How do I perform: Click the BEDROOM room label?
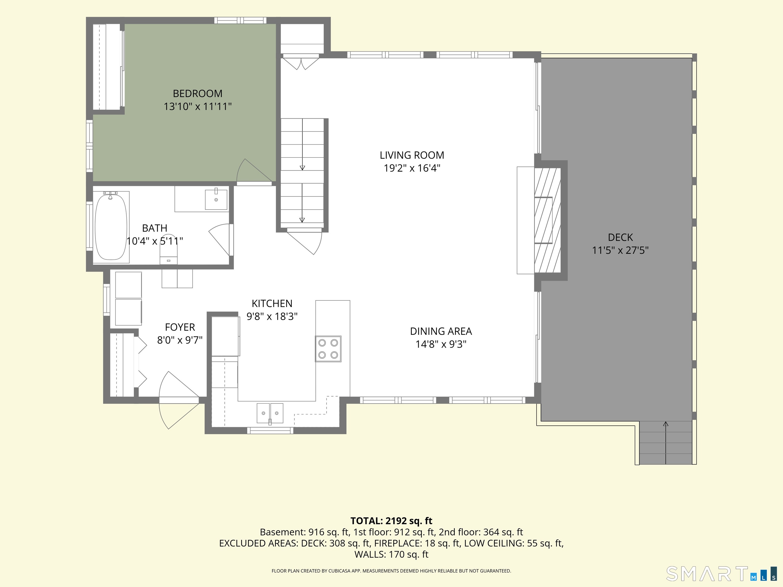(198, 94)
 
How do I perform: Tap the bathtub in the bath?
(111, 227)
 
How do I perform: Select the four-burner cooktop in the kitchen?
(328, 349)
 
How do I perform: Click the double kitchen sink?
(270, 413)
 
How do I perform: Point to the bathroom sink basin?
(216, 199)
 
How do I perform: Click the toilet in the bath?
(168, 249)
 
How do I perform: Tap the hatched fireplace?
(547, 220)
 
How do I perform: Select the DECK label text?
(620, 237)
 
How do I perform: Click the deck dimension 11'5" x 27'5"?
(620, 250)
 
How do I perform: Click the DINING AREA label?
(441, 331)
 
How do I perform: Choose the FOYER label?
(180, 327)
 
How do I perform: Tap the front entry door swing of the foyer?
(179, 400)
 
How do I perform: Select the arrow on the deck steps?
(666, 443)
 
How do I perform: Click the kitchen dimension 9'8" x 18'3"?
(272, 317)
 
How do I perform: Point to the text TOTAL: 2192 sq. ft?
(391, 521)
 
